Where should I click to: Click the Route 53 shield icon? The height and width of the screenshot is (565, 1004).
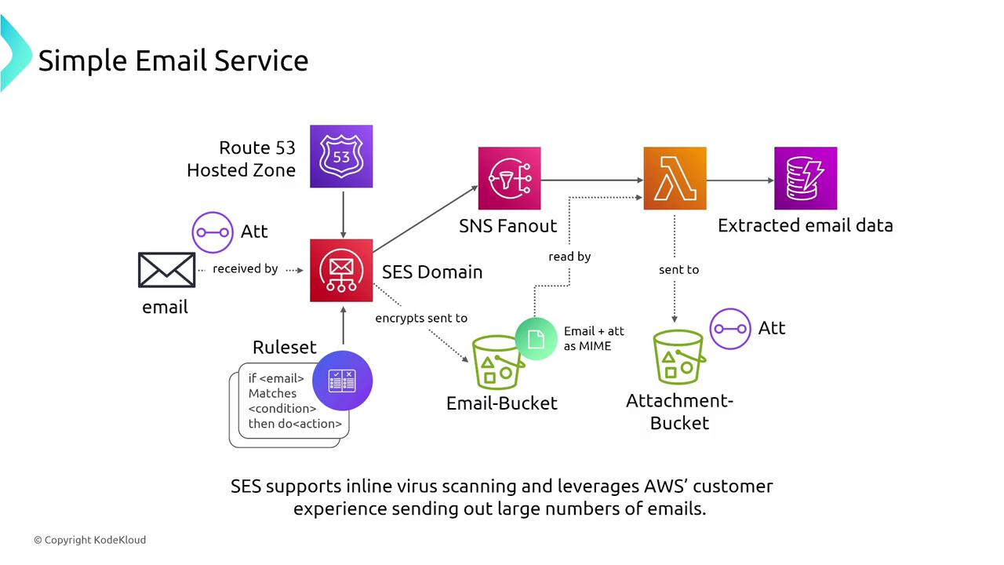[x=341, y=156]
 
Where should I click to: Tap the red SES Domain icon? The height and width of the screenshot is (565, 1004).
[x=341, y=270]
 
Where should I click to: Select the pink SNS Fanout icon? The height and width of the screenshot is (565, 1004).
[x=510, y=178]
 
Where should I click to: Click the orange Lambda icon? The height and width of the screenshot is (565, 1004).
[x=675, y=178]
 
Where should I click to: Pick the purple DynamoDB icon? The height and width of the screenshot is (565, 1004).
[x=806, y=178]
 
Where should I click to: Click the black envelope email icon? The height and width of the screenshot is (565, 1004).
[x=166, y=270]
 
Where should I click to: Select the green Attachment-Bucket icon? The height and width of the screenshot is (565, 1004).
[x=678, y=359]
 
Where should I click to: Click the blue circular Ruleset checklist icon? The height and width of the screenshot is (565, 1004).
[x=342, y=381]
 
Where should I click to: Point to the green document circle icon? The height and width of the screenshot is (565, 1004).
[x=537, y=339]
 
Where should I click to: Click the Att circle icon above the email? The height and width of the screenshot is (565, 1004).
[x=213, y=232]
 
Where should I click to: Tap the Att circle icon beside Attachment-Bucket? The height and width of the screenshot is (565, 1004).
[x=730, y=328]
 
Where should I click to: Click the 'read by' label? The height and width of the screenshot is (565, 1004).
[x=569, y=256]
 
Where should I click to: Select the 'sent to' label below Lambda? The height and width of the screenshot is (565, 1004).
[x=678, y=269]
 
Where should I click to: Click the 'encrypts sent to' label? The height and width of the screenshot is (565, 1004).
[x=421, y=318]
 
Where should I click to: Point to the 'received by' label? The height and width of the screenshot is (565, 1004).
[x=246, y=268]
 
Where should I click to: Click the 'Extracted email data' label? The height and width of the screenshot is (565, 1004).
[x=806, y=226]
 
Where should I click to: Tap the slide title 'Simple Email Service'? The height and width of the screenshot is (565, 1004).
[x=173, y=60]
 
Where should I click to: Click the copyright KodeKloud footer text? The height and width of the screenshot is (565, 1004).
[x=89, y=540]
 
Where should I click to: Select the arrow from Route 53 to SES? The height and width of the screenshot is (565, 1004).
[x=342, y=213]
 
